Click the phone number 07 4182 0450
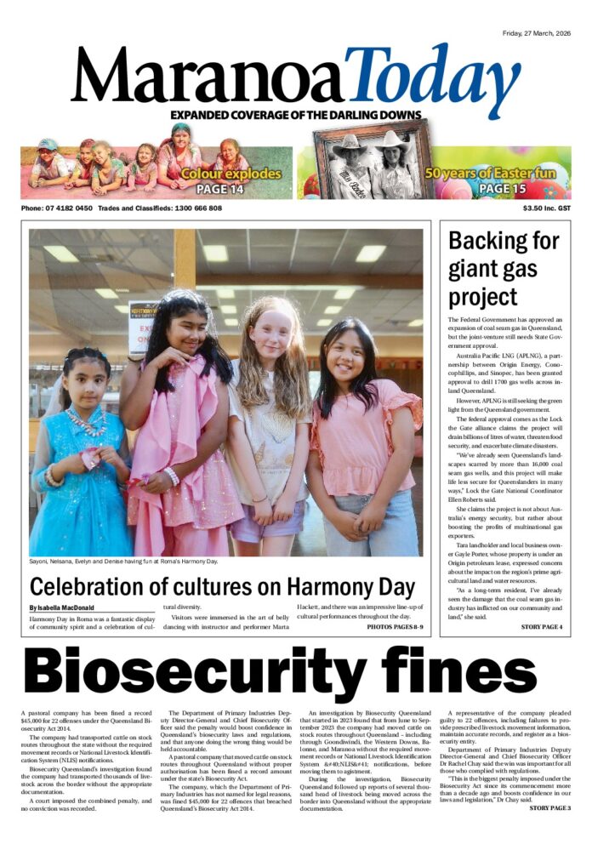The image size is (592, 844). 67,208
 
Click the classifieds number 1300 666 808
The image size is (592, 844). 194,208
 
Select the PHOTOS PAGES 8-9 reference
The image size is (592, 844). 395,627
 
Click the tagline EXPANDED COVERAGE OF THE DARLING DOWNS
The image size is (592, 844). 295,116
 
